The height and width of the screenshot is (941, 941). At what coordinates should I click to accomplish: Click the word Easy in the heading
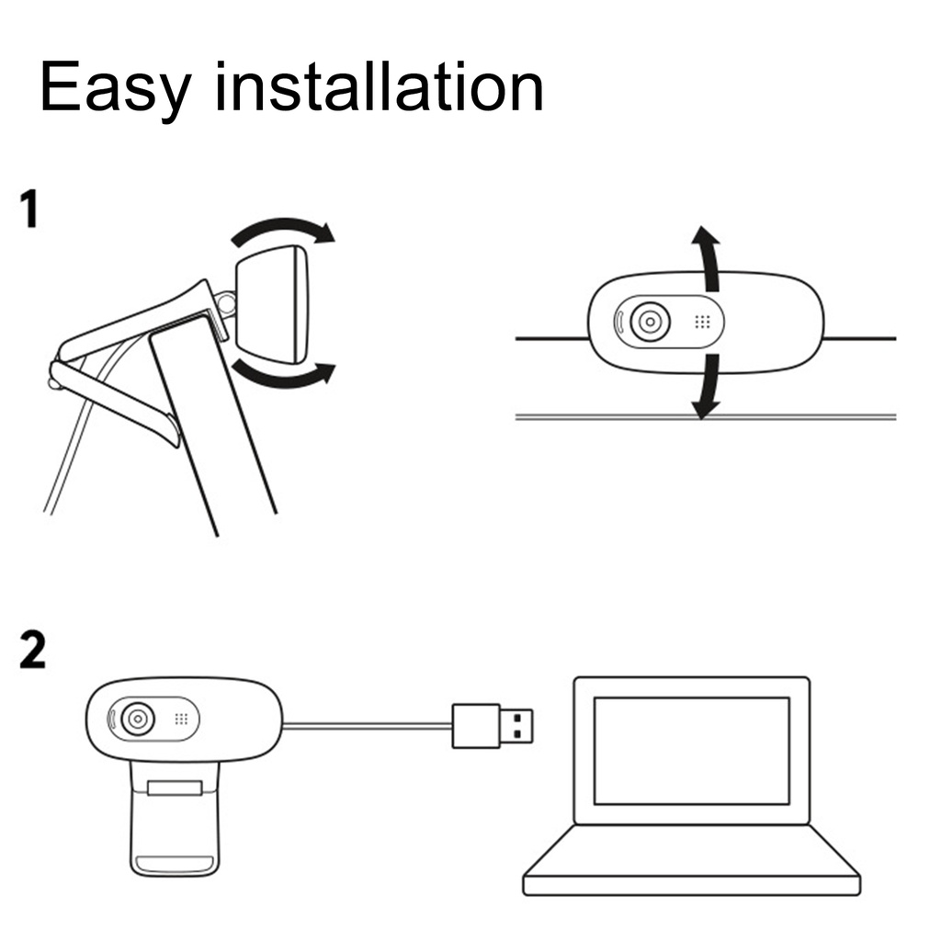tap(116, 89)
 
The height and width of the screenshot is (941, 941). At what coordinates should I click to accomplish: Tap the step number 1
tap(31, 210)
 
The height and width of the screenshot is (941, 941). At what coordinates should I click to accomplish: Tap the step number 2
tap(32, 651)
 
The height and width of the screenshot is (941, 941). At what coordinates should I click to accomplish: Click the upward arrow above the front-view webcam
tap(706, 253)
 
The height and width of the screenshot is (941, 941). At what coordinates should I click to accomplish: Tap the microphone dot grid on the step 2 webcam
tap(181, 719)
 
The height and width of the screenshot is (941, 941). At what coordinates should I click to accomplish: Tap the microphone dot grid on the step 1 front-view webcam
tap(701, 323)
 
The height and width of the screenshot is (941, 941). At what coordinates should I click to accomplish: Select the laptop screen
tap(691, 751)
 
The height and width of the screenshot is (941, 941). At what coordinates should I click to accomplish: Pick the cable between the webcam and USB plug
tap(368, 725)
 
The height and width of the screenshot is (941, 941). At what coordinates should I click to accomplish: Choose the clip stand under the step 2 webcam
tap(175, 818)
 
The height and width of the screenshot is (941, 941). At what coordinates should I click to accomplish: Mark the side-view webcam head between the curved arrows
tap(273, 303)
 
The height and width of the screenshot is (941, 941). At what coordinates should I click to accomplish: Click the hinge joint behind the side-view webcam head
tap(226, 301)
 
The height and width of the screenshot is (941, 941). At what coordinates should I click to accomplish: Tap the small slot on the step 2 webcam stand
tap(175, 788)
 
